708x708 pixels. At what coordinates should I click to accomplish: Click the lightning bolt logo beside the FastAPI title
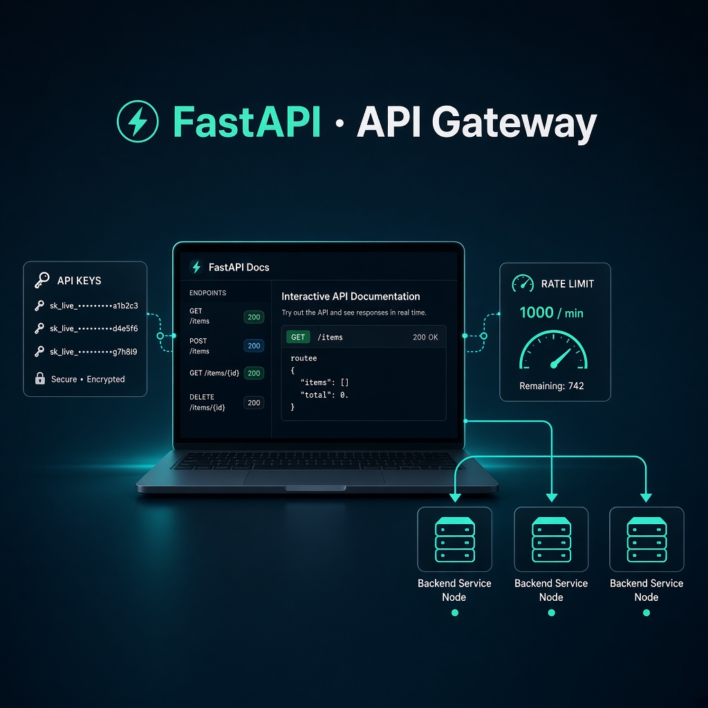tap(138, 122)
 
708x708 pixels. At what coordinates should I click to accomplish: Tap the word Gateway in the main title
tap(514, 123)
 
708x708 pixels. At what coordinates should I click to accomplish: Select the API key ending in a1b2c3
tap(94, 306)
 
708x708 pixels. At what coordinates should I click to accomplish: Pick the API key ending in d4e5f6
tap(94, 328)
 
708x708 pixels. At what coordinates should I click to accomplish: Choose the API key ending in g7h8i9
tap(93, 351)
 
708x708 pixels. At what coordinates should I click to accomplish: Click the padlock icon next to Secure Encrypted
tap(40, 378)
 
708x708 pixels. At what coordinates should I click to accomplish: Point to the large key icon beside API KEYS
tap(42, 280)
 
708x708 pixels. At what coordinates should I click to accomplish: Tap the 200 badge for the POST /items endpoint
tap(254, 346)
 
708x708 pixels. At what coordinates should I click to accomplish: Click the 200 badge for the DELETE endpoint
tap(254, 403)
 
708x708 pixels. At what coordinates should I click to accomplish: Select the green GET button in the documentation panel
tap(298, 337)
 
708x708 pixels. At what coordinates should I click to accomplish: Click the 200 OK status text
tap(425, 337)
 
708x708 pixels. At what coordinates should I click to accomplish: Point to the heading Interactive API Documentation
tap(351, 296)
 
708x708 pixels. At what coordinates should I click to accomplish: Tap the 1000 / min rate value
tap(551, 313)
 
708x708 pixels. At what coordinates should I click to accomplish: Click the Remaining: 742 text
tap(552, 386)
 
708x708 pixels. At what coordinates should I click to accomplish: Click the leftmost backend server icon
tap(455, 539)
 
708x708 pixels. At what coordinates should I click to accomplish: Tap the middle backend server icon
tap(551, 539)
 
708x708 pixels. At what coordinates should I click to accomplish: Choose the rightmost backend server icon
tap(646, 539)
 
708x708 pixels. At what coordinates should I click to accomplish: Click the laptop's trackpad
tap(315, 477)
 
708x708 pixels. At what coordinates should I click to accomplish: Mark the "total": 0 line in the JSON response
tap(324, 395)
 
